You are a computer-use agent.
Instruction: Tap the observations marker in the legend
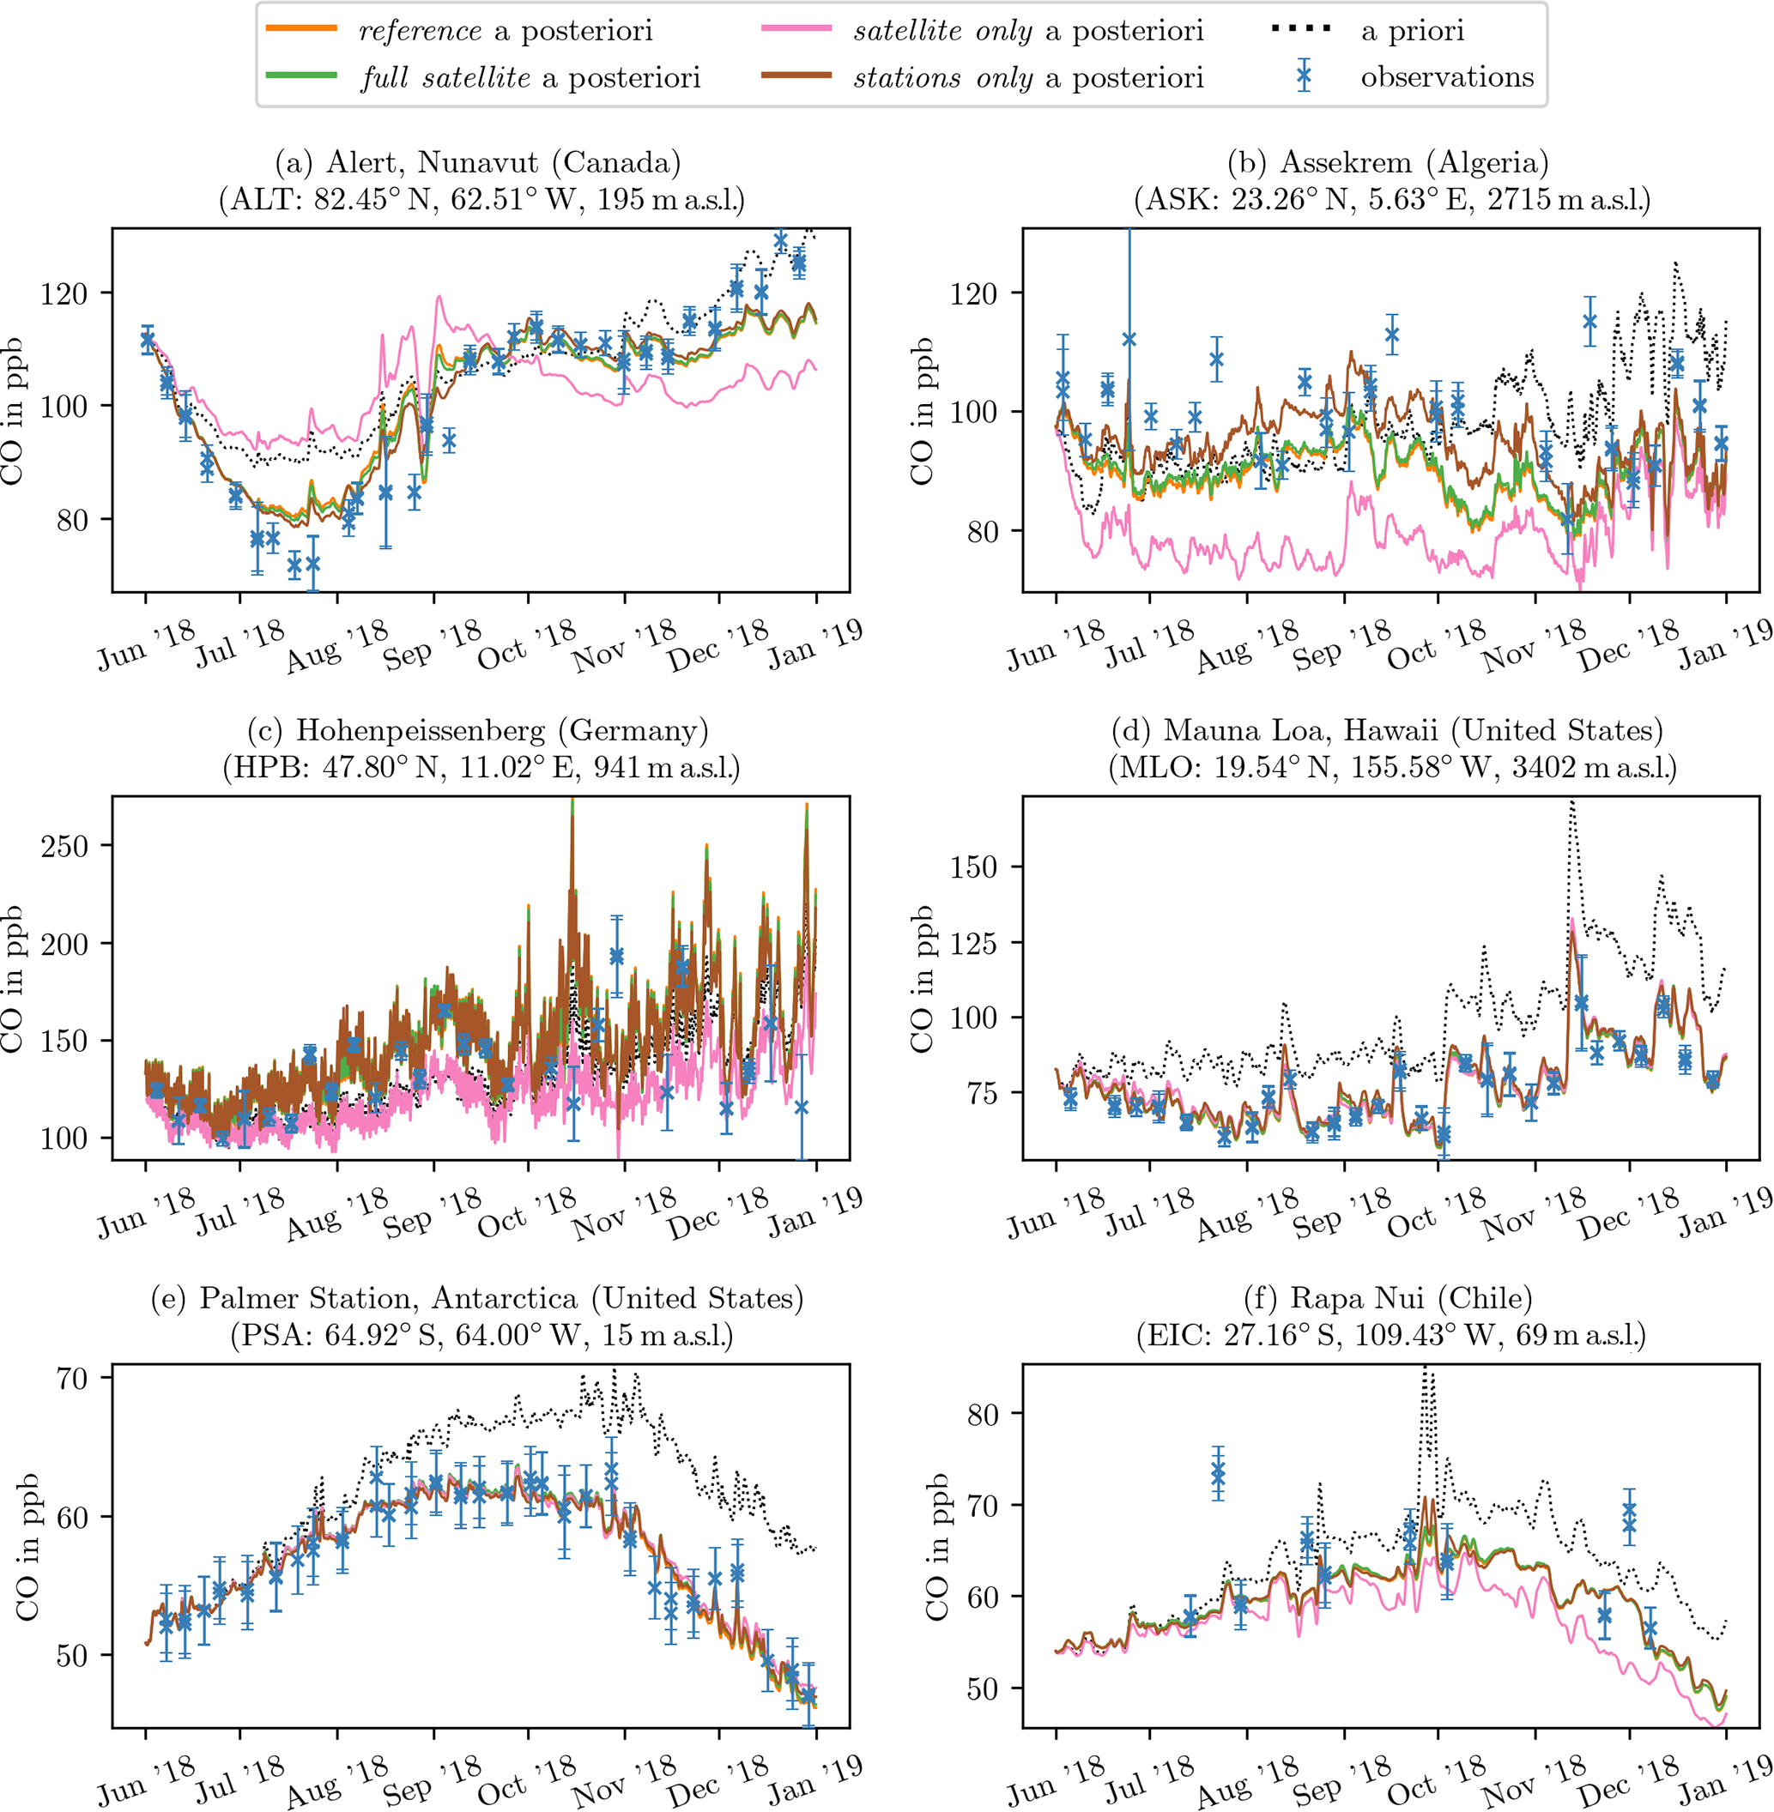(x=1305, y=77)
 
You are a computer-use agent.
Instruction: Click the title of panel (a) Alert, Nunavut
(x=478, y=162)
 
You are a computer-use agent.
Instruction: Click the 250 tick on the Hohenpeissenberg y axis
(x=64, y=846)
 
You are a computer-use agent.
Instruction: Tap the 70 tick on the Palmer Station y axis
(x=72, y=1379)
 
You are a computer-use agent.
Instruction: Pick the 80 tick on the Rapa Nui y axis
(x=982, y=1414)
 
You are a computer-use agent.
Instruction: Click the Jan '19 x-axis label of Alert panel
(x=814, y=646)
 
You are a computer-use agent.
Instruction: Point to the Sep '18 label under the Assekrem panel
(x=1341, y=646)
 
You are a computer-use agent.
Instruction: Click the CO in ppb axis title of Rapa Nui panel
(x=935, y=1547)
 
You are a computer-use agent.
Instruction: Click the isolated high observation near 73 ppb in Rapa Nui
(x=1218, y=1474)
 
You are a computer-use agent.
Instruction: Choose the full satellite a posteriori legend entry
(x=531, y=77)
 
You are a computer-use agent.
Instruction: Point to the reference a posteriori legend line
(x=301, y=30)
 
